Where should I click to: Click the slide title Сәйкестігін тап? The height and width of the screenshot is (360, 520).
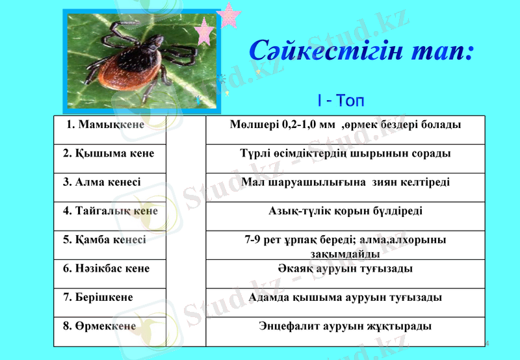point(360,51)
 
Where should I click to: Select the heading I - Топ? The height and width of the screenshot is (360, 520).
point(340,101)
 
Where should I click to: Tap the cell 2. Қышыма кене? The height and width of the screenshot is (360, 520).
point(109,153)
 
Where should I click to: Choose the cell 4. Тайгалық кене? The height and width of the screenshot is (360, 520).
point(110,211)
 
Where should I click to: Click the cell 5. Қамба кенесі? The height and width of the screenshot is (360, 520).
point(104,240)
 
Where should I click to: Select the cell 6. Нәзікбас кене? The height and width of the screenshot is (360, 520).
point(106,268)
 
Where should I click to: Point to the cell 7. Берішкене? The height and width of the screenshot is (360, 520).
point(97,297)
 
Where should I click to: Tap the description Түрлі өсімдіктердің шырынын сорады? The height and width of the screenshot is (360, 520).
point(345,153)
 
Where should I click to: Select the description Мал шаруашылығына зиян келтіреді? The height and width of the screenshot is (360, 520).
point(345,183)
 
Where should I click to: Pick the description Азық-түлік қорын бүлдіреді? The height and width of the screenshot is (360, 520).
point(345,211)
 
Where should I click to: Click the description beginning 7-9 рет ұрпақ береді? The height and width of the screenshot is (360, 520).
point(345,246)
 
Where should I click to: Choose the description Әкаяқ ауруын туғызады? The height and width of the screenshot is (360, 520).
point(345,268)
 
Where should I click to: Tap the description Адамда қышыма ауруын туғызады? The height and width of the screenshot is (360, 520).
point(345,297)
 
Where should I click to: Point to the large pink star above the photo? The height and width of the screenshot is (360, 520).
point(229,16)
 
